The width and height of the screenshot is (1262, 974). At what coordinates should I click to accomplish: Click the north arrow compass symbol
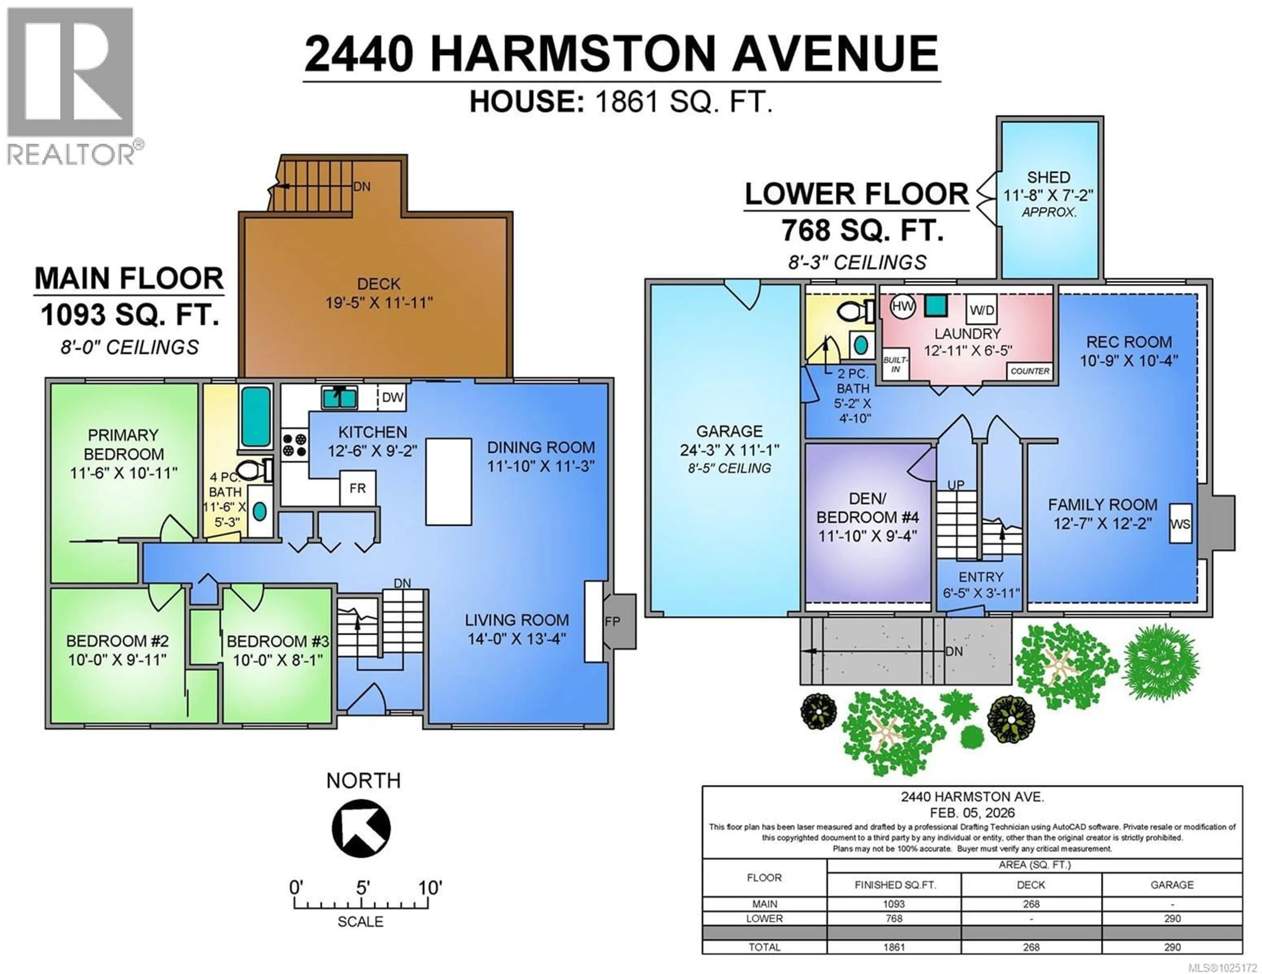click(x=361, y=828)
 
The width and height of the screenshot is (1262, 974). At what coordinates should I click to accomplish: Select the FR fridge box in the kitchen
click(x=357, y=488)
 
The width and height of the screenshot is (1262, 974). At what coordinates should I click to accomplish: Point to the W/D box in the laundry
click(x=982, y=310)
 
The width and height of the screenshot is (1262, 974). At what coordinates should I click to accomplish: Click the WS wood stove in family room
click(x=1180, y=524)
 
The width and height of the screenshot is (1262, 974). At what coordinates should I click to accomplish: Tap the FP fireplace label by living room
click(x=613, y=621)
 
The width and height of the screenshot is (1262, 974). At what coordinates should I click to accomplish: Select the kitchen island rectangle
click(x=448, y=482)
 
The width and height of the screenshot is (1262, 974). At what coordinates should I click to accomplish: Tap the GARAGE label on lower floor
click(x=729, y=431)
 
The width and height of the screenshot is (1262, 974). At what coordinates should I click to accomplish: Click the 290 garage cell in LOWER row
click(x=1172, y=919)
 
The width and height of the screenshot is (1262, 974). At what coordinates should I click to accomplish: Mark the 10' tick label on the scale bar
click(x=430, y=887)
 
